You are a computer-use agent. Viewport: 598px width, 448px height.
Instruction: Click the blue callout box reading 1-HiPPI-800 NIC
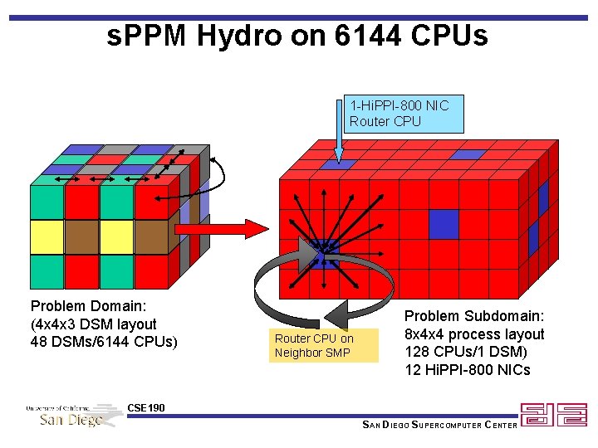[x=404, y=114]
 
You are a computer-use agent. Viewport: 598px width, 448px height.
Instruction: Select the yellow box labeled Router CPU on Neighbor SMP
[x=326, y=345]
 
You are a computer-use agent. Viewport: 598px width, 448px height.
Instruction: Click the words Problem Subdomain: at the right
[x=474, y=316]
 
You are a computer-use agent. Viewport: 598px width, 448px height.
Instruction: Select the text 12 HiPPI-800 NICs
[x=468, y=370]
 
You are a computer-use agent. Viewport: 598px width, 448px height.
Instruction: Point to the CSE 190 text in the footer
[x=146, y=407]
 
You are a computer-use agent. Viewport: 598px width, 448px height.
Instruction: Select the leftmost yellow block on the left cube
[x=47, y=236]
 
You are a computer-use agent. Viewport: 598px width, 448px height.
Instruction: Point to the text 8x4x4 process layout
[x=474, y=334]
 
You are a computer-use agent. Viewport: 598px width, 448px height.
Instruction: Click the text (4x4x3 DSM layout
[x=93, y=324]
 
